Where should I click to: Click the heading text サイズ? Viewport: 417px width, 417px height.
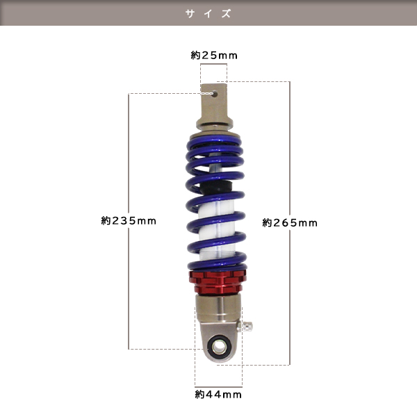[x=208, y=14]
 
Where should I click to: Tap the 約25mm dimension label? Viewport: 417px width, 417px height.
[x=214, y=56]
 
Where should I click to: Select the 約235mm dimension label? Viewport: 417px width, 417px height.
[x=129, y=221]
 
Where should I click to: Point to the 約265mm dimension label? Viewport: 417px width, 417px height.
[x=290, y=223]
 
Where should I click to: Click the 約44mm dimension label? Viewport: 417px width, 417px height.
[x=218, y=394]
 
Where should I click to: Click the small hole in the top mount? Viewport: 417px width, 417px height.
[x=215, y=94]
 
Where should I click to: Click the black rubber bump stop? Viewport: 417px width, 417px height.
[x=215, y=187]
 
